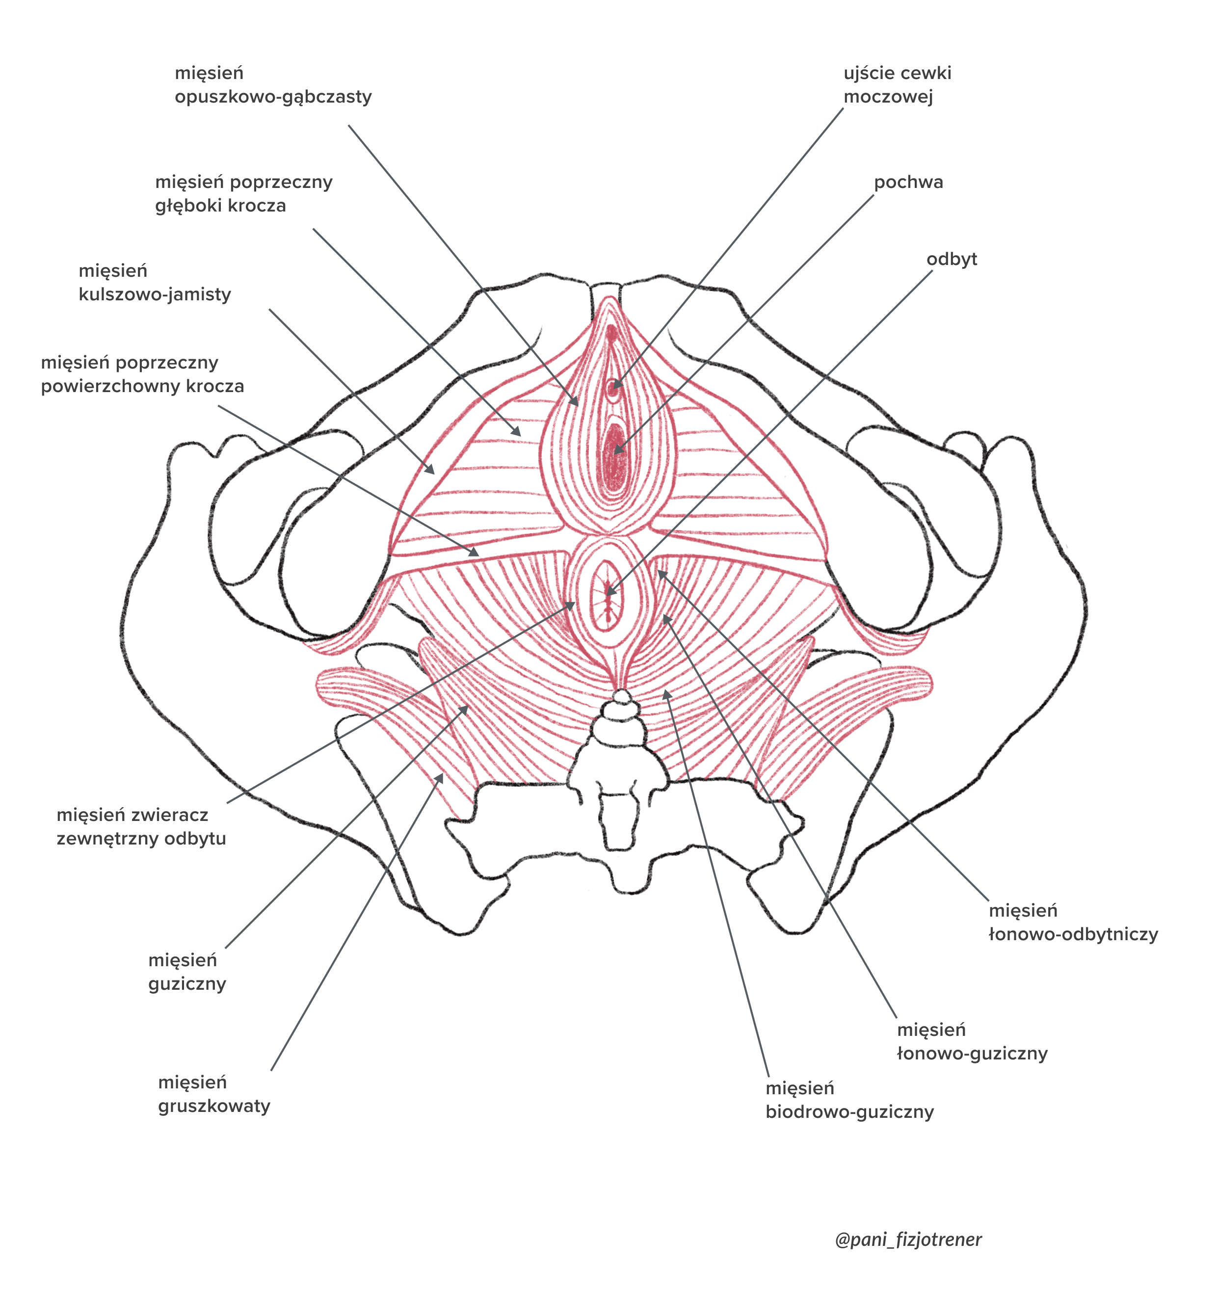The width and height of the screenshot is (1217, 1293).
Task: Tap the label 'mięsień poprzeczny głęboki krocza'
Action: pyautogui.click(x=243, y=194)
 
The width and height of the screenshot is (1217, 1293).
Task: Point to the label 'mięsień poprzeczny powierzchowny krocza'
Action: pyautogui.click(x=142, y=374)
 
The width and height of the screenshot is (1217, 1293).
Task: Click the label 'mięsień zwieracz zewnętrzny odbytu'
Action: pyautogui.click(x=141, y=827)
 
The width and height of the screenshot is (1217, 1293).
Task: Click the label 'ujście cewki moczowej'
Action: pyautogui.click(x=897, y=85)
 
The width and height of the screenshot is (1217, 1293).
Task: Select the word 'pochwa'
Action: pyautogui.click(x=908, y=182)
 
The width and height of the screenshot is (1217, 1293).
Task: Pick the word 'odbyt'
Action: pyautogui.click(x=951, y=259)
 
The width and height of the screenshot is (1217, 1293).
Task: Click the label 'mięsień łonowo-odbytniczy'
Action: pyautogui.click(x=1073, y=922)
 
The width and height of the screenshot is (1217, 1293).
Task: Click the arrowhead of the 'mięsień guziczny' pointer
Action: pyautogui.click(x=466, y=708)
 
